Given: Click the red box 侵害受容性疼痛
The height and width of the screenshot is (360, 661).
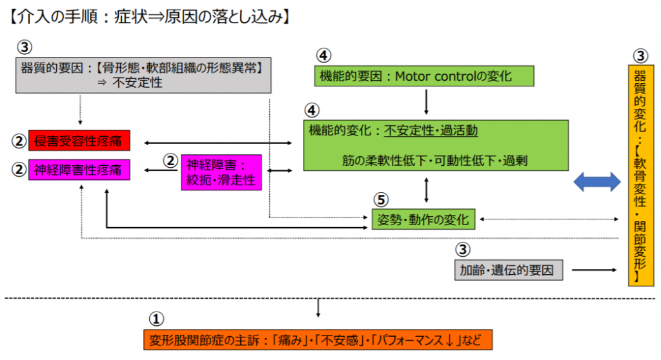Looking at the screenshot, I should click(79, 139).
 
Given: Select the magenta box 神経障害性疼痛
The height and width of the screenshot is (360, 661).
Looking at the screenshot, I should click(79, 170).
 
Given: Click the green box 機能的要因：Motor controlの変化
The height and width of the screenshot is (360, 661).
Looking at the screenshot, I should click(425, 76).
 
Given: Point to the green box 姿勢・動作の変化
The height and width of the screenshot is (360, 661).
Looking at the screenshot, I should click(423, 219).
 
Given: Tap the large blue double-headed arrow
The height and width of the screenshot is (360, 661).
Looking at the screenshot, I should click(597, 183).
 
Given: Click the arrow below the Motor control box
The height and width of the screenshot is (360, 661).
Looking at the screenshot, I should click(426, 102).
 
